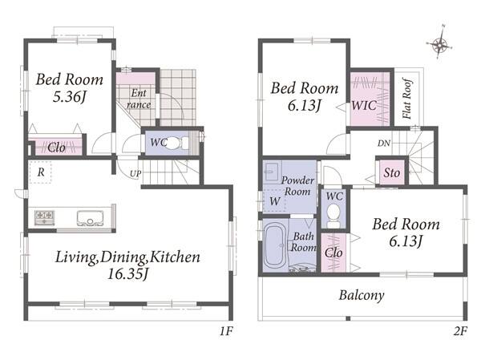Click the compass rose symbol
pos(439,43)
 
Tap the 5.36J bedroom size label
pos(69,97)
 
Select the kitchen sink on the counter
pos(91,218)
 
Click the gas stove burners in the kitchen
pos(44,217)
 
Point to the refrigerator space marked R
pos(41,172)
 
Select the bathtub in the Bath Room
pos(275,245)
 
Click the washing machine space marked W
pos(274,201)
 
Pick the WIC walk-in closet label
pos(364,106)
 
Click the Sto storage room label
pos(392,172)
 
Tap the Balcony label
pos(362,295)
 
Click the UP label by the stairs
pos(135,174)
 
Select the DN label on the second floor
pos(384,143)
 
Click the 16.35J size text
pos(128,273)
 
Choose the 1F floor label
pos(226,331)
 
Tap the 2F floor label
pos(460,331)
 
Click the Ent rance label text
pos(139,99)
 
